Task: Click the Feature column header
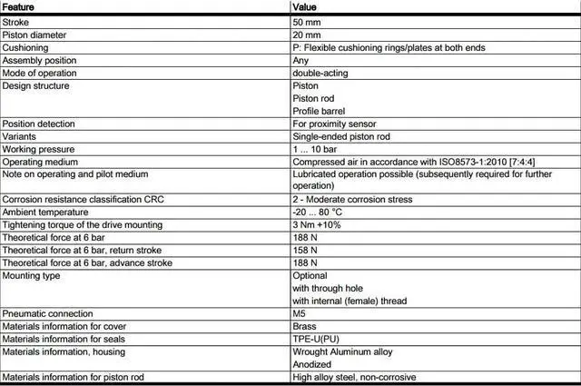pyautogui.click(x=19, y=6)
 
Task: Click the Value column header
pyautogui.click(x=305, y=6)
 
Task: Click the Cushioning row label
pyautogui.click(x=25, y=48)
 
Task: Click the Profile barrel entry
pyautogui.click(x=319, y=112)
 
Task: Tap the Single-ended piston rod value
pyautogui.click(x=343, y=136)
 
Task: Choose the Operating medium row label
pyautogui.click(x=38, y=162)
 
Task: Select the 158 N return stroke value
pyautogui.click(x=305, y=251)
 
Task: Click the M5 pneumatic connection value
pyautogui.click(x=300, y=313)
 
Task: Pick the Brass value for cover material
pyautogui.click(x=304, y=326)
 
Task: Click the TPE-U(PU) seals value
pyautogui.click(x=317, y=339)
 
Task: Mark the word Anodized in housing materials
pyautogui.click(x=311, y=364)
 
